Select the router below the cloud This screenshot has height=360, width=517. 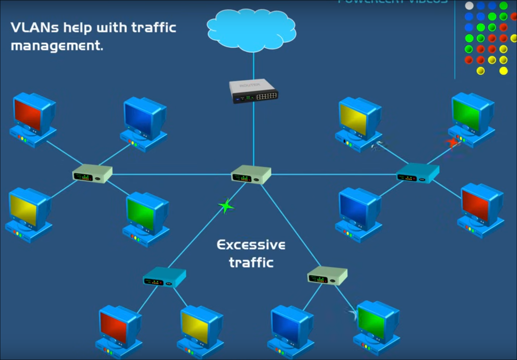[x=254, y=91]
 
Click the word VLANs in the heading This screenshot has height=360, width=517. [x=35, y=28]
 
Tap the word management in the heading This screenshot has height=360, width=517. [x=57, y=46]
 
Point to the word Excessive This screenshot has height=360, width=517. [x=251, y=245]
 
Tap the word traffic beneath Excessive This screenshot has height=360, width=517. [x=251, y=262]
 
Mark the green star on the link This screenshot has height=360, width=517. [x=226, y=206]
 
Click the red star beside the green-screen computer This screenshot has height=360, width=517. [x=452, y=142]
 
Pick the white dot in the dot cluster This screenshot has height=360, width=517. [x=469, y=6]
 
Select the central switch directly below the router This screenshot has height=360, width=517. [x=251, y=175]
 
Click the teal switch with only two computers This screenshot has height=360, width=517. [x=164, y=277]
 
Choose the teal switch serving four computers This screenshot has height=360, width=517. [x=418, y=173]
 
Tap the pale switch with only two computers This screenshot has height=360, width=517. [x=327, y=276]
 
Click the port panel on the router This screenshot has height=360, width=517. [x=266, y=96]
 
